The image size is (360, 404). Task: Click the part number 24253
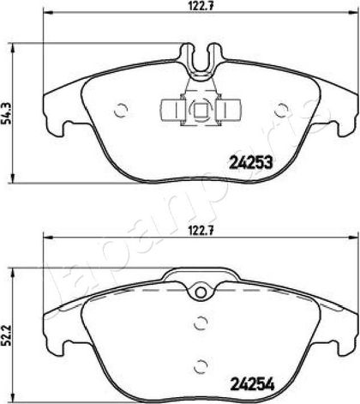coord(251,163)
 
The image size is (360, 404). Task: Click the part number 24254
coord(252,383)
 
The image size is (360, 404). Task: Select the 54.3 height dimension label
coord(6,113)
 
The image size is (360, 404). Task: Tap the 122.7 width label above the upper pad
coord(201,6)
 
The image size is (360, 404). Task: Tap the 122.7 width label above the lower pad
coord(201,231)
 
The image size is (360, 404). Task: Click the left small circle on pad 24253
coord(120,110)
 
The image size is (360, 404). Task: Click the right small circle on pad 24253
coord(281,110)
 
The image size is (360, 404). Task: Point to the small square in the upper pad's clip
coord(199,110)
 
